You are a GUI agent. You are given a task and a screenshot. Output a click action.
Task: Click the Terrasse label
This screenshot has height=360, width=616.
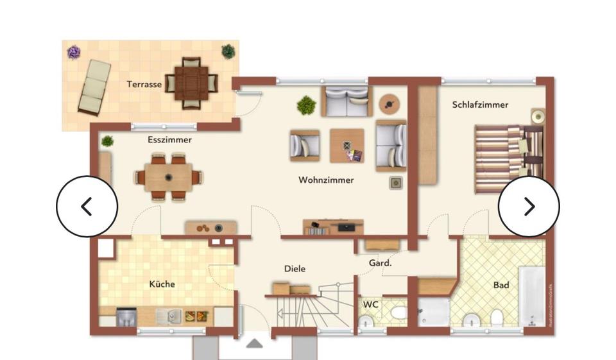144,84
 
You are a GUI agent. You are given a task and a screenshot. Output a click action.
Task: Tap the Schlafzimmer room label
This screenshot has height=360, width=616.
480,105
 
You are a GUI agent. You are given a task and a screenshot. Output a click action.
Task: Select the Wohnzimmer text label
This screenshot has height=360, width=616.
326,180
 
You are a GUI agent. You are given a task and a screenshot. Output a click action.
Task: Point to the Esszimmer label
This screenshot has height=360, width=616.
169,139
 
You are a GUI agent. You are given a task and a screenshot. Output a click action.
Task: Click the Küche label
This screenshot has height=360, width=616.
162,284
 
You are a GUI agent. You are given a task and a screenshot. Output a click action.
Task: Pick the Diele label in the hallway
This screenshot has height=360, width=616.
295,269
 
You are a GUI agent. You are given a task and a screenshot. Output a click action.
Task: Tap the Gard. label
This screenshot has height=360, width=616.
381,263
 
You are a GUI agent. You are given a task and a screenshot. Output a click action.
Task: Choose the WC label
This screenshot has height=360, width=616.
371,304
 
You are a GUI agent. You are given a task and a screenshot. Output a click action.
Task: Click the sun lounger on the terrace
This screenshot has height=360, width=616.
94,86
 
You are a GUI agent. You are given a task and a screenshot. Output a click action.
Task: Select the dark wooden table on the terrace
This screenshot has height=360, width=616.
191,83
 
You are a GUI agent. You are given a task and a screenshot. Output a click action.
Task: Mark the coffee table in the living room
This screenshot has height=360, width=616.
347,146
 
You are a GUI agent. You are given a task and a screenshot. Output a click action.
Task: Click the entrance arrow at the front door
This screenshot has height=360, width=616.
255,343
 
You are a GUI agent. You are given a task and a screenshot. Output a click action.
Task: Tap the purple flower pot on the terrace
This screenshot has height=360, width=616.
74,52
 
